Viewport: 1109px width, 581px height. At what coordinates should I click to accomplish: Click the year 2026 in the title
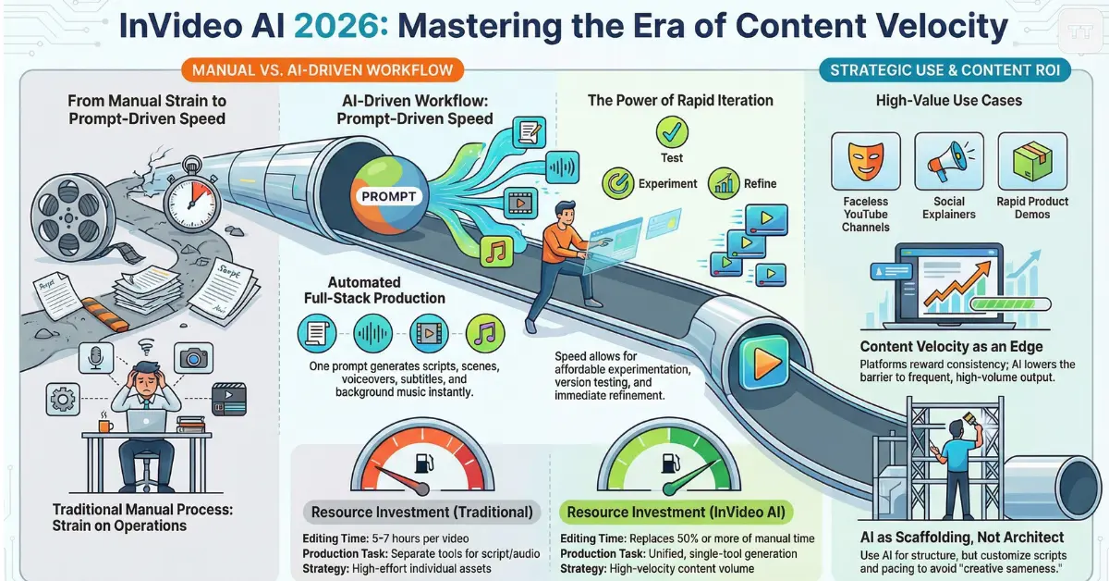coord(341,26)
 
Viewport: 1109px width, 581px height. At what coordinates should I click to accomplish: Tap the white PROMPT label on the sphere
coord(389,196)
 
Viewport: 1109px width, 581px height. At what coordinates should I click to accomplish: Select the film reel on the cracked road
coord(73,216)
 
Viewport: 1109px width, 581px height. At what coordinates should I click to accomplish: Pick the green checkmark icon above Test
coord(672,132)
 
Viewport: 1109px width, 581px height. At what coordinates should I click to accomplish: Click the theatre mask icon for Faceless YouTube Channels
coord(865,161)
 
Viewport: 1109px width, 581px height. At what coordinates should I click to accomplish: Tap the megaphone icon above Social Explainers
coord(948,161)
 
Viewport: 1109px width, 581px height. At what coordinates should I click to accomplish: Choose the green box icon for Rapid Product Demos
coord(1032,161)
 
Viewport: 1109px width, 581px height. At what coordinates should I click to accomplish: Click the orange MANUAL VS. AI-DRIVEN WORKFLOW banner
coord(323,70)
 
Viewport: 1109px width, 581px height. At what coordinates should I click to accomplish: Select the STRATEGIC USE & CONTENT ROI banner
coord(944,70)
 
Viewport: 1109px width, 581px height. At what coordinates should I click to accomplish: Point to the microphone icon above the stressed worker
coord(96,357)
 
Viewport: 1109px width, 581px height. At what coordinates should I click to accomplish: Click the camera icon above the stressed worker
coord(193,357)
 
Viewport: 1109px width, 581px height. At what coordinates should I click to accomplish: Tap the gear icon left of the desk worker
coord(63,399)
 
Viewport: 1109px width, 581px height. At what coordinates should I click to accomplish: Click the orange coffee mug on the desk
coord(105,425)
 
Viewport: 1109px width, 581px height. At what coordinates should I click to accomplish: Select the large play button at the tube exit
coord(764,362)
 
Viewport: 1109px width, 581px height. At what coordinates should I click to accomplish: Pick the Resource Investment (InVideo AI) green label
coord(676,513)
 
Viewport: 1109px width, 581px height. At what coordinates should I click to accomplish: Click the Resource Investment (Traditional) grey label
coord(421,513)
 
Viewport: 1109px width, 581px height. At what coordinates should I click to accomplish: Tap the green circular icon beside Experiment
coord(618,183)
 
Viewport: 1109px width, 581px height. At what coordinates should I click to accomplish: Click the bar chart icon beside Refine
coord(724,183)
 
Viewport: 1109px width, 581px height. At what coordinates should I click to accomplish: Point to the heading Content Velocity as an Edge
coord(951,347)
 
